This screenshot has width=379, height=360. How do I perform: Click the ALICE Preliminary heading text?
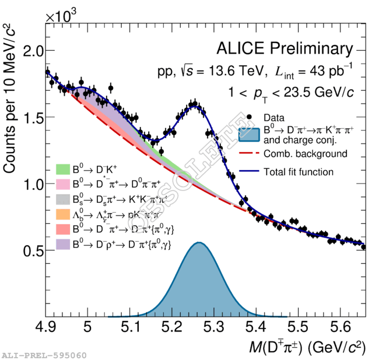(285, 48)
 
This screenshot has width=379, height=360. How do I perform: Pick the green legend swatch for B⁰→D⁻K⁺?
(62, 169)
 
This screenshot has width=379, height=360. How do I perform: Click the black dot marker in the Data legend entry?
(250, 116)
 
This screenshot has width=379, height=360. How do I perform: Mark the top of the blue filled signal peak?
(199, 242)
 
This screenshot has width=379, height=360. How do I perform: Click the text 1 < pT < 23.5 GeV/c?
(292, 92)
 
